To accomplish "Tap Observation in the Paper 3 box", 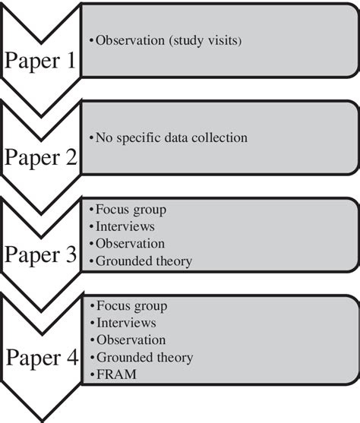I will pos(130,244).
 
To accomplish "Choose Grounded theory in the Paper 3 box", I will pos(144,261).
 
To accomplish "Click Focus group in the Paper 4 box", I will pos(130,306).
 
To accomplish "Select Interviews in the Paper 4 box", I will pos(125,323).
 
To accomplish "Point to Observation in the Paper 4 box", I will pos(130,339).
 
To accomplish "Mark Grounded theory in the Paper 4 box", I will pos(144,357).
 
